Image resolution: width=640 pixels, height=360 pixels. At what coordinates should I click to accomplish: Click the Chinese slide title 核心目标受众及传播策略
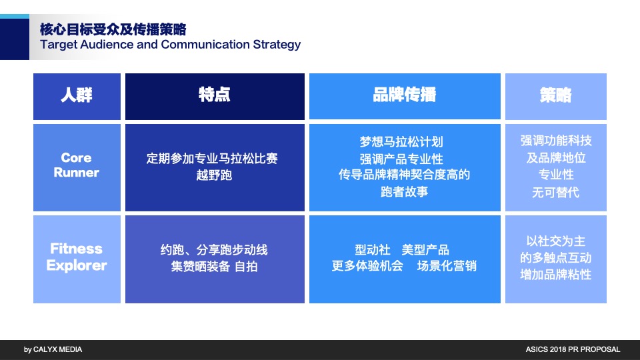(113, 29)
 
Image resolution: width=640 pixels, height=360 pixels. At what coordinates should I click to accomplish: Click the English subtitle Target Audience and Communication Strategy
(170, 45)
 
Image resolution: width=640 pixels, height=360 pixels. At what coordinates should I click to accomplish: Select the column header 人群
(77, 95)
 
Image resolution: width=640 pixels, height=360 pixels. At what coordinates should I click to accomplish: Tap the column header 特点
(214, 95)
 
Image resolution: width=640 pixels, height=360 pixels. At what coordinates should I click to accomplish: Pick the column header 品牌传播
(404, 95)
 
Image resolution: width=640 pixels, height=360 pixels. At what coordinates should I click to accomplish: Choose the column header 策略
(555, 95)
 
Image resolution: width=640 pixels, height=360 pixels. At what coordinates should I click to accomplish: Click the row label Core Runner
(77, 165)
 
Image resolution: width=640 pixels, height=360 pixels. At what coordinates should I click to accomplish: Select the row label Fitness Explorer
(77, 257)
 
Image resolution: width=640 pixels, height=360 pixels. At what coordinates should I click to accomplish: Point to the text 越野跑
(214, 175)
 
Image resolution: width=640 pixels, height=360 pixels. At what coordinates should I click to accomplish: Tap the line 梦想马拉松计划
(401, 142)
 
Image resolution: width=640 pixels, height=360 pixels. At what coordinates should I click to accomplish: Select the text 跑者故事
(404, 192)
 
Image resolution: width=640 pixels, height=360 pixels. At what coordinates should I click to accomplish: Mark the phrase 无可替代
(555, 192)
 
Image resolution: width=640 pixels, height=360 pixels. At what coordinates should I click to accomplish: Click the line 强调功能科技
(555, 141)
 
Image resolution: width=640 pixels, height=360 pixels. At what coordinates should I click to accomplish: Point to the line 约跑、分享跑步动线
(214, 250)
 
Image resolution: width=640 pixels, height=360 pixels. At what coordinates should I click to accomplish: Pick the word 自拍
(246, 267)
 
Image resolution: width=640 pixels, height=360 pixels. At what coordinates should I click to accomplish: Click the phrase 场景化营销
(447, 266)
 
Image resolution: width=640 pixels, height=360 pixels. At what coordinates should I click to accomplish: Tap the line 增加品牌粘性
(555, 274)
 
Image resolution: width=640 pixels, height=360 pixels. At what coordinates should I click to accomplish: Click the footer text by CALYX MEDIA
(53, 349)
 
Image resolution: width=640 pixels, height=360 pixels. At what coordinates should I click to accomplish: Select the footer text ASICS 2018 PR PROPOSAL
(573, 349)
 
